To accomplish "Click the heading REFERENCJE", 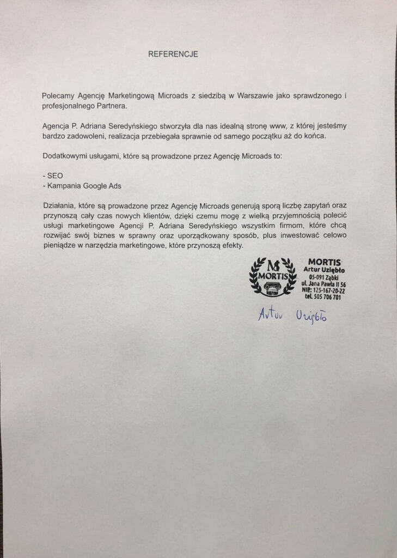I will click(x=173, y=54).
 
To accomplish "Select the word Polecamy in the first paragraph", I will click(x=58, y=95).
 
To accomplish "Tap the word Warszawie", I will click(x=254, y=95).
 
